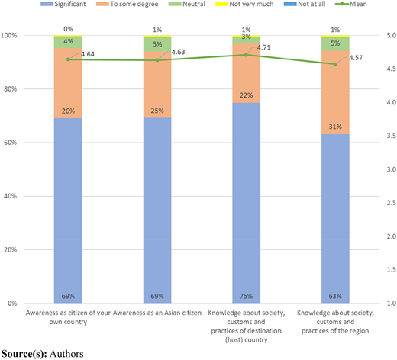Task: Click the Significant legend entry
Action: click(63, 4)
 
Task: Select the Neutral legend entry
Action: click(187, 4)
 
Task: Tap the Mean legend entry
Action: click(351, 4)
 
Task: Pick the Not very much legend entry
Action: click(244, 4)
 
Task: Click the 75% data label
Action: click(246, 296)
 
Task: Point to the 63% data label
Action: click(335, 296)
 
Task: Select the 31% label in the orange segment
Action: click(335, 127)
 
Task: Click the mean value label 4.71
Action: click(263, 47)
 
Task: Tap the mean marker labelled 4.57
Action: click(335, 64)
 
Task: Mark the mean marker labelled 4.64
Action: click(68, 59)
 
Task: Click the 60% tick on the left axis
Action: click(11, 143)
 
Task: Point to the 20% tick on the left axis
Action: click(11, 249)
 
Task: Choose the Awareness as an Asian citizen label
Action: click(157, 313)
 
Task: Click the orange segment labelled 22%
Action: click(246, 73)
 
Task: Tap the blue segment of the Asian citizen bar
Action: click(157, 211)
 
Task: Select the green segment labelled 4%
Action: click(68, 43)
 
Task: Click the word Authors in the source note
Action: click(66, 354)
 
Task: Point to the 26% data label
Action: click(68, 111)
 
